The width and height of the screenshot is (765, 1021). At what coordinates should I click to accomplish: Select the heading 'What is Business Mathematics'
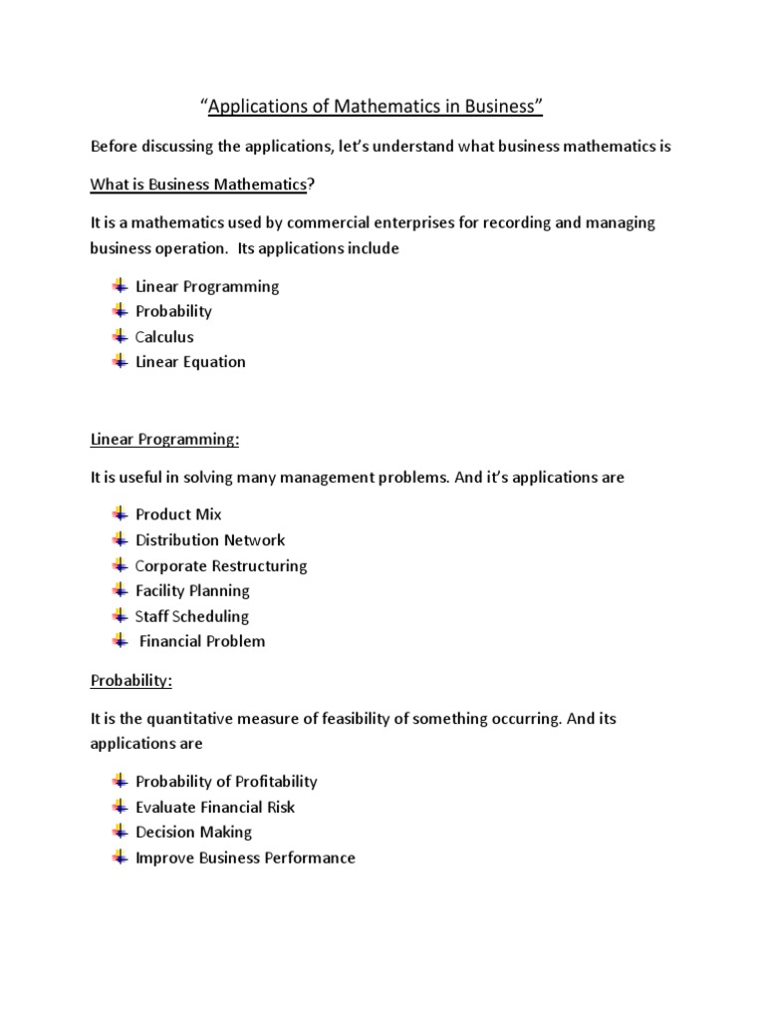(x=197, y=184)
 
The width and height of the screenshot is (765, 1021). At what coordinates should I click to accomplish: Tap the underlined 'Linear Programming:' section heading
(x=164, y=439)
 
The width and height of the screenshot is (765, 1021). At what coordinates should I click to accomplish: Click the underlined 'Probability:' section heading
(x=131, y=680)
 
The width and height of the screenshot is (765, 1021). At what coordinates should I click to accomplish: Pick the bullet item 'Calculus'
(x=164, y=337)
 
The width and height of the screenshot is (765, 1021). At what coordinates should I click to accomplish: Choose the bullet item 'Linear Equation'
(x=190, y=362)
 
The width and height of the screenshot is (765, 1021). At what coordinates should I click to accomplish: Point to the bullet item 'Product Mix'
(x=178, y=514)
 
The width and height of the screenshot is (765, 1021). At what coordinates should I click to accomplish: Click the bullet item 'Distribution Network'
(x=210, y=540)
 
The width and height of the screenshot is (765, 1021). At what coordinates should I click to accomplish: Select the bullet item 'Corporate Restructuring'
(x=221, y=565)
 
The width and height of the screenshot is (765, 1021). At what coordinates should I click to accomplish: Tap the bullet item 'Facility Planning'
(x=192, y=591)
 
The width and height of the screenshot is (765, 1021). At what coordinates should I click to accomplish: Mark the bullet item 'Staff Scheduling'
(x=192, y=616)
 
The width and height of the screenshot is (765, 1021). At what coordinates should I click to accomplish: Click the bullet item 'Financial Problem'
(x=202, y=641)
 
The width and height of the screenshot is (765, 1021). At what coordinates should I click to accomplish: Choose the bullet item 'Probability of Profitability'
(x=226, y=782)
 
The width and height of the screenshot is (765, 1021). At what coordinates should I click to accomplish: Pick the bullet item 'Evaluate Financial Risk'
(x=215, y=807)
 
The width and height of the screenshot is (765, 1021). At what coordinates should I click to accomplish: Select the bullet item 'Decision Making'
(x=194, y=832)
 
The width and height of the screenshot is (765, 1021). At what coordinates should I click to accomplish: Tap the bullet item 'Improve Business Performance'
(x=245, y=857)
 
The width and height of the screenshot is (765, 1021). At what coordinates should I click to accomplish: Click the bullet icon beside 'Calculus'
(x=121, y=336)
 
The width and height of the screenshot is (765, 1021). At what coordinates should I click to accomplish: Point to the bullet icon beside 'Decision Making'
(x=121, y=831)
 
